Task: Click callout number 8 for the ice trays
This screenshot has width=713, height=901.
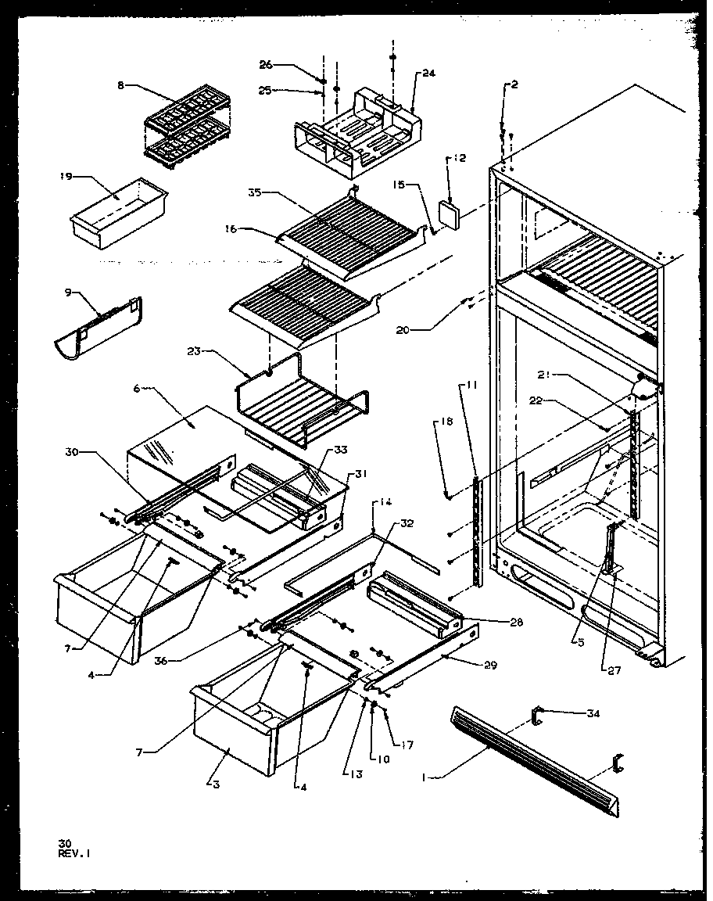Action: [120, 85]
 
